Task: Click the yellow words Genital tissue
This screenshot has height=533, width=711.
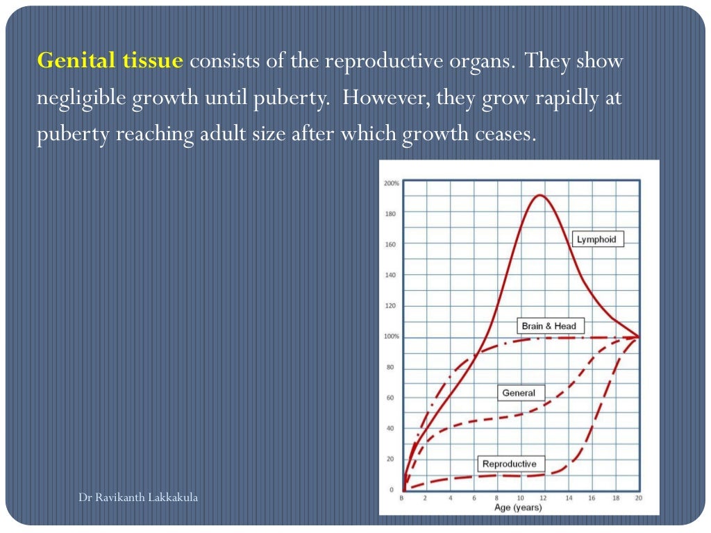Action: pyautogui.click(x=110, y=62)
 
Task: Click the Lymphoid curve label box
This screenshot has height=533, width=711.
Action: pyautogui.click(x=596, y=240)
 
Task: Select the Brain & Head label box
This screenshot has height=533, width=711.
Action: pyautogui.click(x=549, y=325)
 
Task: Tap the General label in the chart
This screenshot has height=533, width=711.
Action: pyautogui.click(x=519, y=393)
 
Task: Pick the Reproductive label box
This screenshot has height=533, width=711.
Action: pyautogui.click(x=509, y=464)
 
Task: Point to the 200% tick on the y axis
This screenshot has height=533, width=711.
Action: pyautogui.click(x=390, y=183)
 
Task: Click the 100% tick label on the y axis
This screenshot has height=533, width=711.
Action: pyautogui.click(x=391, y=337)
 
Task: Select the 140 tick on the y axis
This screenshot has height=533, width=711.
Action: pyautogui.click(x=391, y=276)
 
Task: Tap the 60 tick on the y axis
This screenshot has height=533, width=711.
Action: pyautogui.click(x=391, y=398)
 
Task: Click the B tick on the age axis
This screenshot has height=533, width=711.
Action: pyautogui.click(x=403, y=498)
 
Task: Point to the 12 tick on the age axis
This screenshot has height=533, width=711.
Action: pyautogui.click(x=544, y=498)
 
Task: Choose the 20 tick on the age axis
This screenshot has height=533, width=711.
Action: pyautogui.click(x=638, y=498)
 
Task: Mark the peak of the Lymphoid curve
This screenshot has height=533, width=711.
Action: pyautogui.click(x=539, y=195)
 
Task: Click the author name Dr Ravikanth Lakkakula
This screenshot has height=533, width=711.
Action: pyautogui.click(x=138, y=497)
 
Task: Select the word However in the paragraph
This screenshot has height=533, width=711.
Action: pyautogui.click(x=378, y=98)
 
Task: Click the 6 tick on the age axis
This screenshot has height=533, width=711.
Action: pyautogui.click(x=474, y=498)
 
